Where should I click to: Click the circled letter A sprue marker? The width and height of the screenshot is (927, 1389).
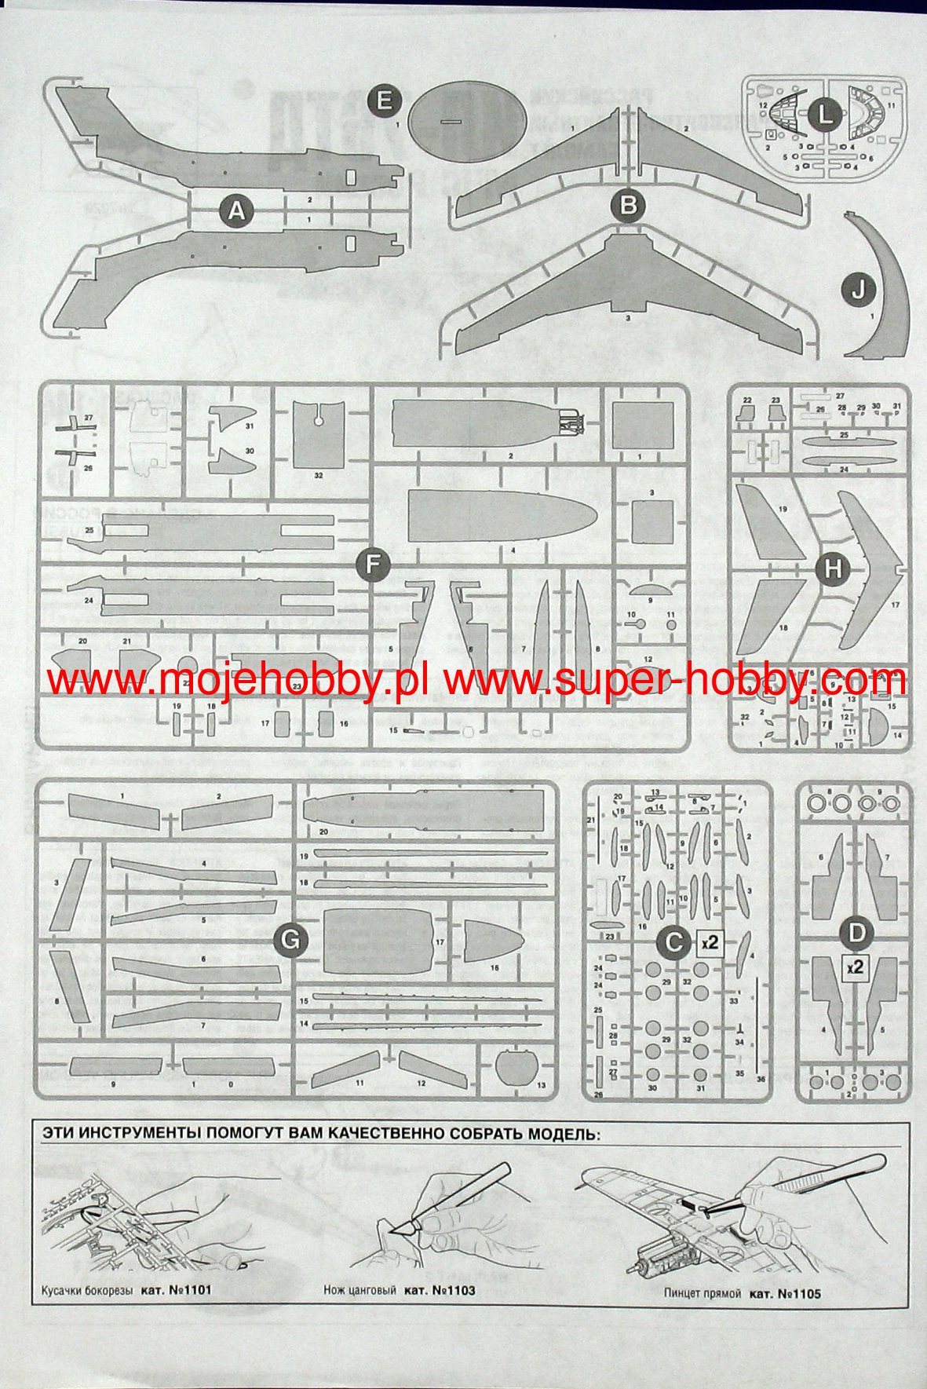(236, 211)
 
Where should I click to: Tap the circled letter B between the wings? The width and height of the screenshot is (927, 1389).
(628, 206)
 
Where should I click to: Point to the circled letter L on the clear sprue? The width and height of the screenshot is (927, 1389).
(824, 115)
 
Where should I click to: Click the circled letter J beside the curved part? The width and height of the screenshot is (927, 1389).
(859, 290)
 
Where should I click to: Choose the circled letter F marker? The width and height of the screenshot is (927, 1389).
(373, 565)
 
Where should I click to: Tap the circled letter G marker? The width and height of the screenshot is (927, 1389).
(290, 940)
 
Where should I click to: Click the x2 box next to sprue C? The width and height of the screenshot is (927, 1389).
(710, 942)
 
